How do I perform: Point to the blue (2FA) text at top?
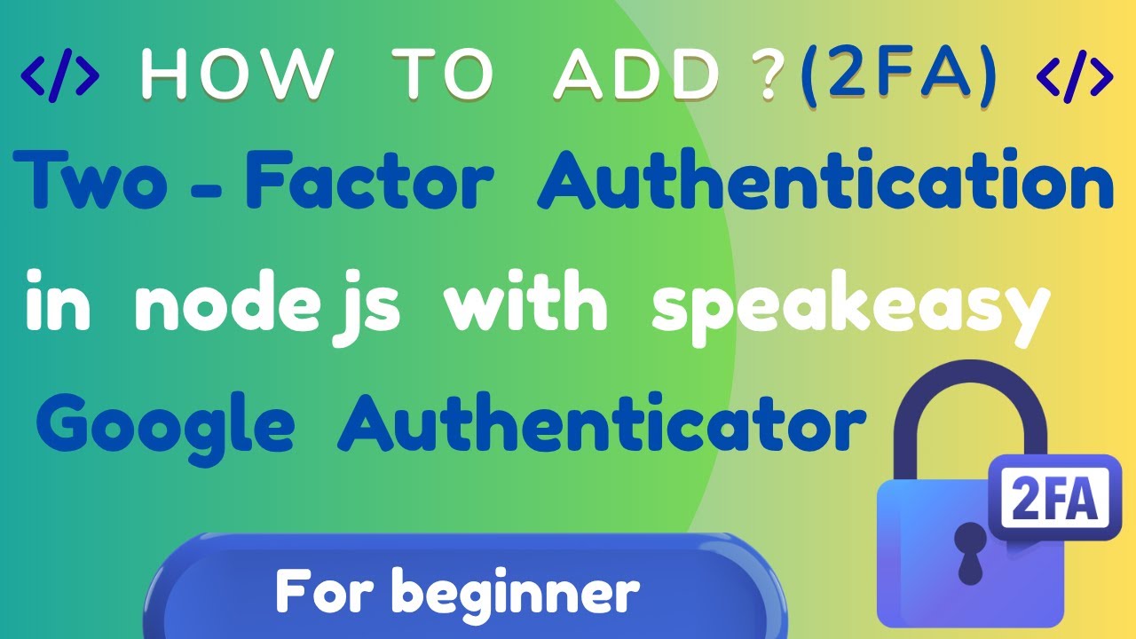coord(899,76)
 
